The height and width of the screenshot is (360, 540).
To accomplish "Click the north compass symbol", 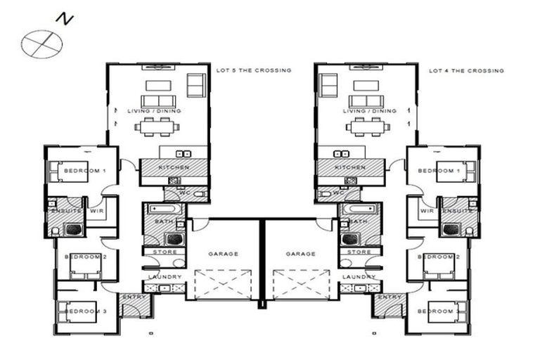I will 41,43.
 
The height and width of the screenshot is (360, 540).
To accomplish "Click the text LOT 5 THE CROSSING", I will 251,70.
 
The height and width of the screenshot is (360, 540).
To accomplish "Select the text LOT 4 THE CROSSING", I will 466,70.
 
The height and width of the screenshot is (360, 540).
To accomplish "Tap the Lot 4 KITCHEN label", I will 349,168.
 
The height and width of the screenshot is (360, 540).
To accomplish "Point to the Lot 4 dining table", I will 366,127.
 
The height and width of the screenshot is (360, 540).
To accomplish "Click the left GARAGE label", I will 223,253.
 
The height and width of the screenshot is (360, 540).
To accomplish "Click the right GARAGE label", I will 300,253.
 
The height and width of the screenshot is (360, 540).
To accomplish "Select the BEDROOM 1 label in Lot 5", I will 84,171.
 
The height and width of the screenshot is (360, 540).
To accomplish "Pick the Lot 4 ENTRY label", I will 389,297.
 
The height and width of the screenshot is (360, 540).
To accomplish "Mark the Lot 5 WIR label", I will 98,210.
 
